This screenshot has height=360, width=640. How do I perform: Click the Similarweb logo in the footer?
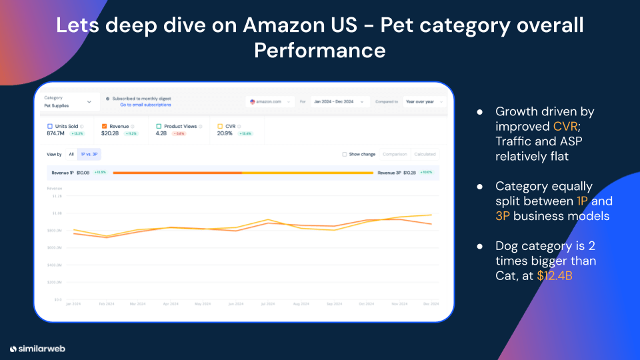(x=37, y=348)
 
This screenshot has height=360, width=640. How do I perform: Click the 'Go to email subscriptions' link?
(x=145, y=105)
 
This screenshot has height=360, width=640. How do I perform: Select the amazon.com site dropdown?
(x=270, y=102)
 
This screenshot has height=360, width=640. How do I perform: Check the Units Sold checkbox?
(x=50, y=126)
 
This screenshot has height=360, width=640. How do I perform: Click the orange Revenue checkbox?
(x=105, y=126)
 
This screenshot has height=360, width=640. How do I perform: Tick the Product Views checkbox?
(x=159, y=126)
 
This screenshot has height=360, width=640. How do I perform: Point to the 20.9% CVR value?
(x=225, y=133)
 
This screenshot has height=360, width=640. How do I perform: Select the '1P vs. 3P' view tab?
(x=89, y=154)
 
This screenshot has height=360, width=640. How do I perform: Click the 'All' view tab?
(x=71, y=154)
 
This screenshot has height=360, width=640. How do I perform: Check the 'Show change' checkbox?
(x=344, y=154)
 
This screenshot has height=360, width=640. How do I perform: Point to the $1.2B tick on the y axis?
(x=56, y=196)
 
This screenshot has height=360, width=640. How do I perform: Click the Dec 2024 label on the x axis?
(x=431, y=304)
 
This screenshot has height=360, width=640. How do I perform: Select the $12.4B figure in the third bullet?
(x=555, y=275)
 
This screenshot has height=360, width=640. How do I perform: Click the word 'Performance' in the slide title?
(x=319, y=50)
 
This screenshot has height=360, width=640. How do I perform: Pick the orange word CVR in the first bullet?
(x=565, y=126)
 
